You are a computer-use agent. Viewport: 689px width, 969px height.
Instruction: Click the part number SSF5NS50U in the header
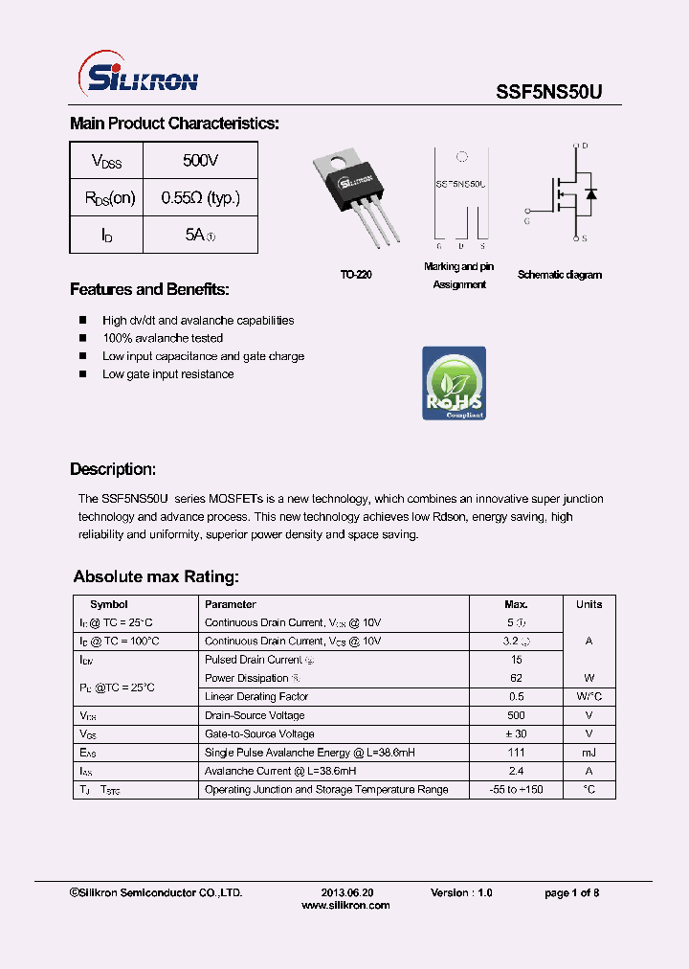pos(548,92)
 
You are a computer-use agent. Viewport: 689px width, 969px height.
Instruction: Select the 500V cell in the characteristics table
pos(200,160)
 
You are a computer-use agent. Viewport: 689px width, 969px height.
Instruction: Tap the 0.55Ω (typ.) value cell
pos(200,198)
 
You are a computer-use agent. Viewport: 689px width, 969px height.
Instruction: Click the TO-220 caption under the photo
pos(356,275)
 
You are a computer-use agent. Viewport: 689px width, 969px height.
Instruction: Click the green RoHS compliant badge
pos(454,383)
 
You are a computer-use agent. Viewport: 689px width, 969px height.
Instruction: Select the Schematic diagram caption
pos(560,275)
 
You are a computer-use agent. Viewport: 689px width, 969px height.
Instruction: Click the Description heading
pos(113,469)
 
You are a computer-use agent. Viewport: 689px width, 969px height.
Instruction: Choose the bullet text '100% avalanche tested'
pos(163,338)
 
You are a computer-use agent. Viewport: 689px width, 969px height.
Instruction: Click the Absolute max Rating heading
pos(156,576)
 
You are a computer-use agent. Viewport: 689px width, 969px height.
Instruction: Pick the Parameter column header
pos(231,604)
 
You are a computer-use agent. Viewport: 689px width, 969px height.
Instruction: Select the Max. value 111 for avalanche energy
pos(516,753)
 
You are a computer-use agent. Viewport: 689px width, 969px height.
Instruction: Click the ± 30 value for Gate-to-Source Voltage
pos(516,734)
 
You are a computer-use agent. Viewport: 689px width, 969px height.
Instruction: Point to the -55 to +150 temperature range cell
pos(516,790)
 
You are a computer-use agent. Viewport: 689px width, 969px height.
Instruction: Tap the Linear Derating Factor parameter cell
pos(256,697)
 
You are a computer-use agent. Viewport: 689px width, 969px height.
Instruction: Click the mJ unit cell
pos(589,753)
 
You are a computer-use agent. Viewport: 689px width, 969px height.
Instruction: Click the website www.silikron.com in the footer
pos(345,905)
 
